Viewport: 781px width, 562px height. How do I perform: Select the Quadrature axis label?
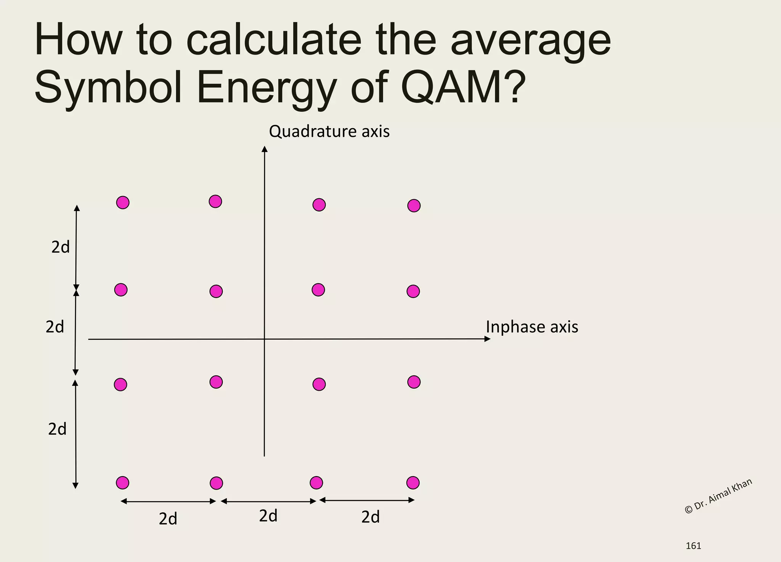[329, 132]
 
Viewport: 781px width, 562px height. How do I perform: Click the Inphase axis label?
[532, 327]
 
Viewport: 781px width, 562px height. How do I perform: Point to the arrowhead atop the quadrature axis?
[264, 149]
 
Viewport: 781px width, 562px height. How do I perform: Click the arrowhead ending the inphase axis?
[487, 339]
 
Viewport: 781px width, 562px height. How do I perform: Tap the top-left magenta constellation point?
[123, 203]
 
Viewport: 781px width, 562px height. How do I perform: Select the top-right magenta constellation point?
[414, 206]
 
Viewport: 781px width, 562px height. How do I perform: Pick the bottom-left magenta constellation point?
[122, 483]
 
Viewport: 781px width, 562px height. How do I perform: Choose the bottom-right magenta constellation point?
[413, 483]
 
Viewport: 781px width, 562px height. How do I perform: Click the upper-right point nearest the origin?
[318, 290]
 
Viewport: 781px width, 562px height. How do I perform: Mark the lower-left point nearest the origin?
[216, 382]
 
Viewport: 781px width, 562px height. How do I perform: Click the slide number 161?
[693, 546]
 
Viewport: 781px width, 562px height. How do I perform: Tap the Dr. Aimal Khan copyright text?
[718, 496]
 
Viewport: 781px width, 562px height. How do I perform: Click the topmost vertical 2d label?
[61, 248]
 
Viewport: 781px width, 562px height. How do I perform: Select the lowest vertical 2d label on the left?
[57, 429]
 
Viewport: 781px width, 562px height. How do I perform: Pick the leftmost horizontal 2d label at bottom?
[168, 519]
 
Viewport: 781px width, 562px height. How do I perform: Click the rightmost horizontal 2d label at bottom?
[370, 517]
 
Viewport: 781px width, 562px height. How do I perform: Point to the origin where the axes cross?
[264, 339]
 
